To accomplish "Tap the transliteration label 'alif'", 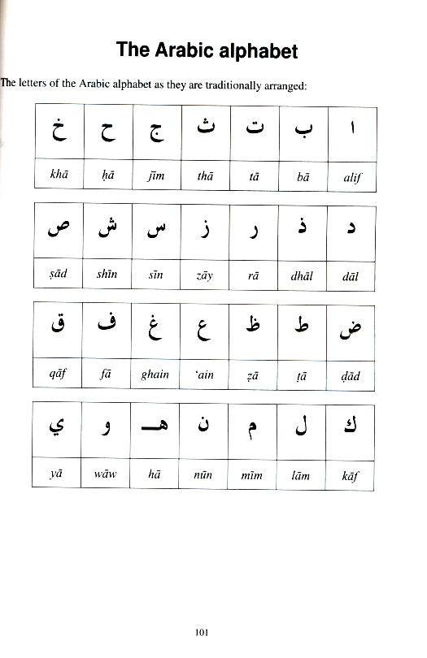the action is [351, 174].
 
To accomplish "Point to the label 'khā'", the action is [56, 174].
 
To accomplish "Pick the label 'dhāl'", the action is [302, 275].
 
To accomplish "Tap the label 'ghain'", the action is [155, 374].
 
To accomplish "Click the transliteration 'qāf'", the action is [57, 375].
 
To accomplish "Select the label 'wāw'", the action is [106, 474].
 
